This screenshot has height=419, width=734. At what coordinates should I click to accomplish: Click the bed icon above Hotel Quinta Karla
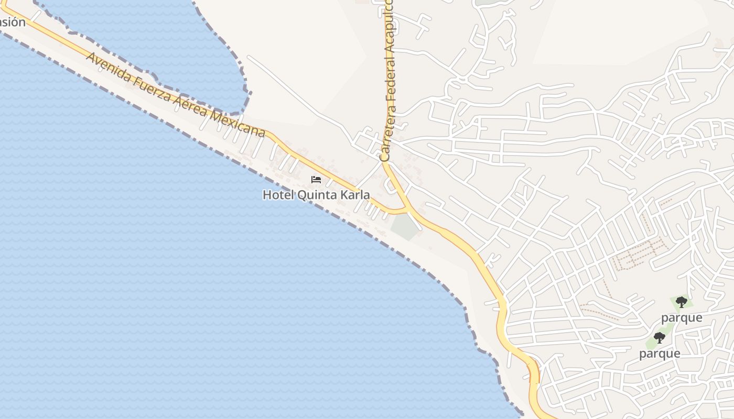click(316, 179)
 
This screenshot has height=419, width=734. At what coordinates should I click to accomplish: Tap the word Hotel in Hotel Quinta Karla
click(278, 195)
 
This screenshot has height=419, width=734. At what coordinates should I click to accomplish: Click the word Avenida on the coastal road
click(107, 68)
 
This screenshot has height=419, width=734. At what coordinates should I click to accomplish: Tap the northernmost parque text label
click(682, 317)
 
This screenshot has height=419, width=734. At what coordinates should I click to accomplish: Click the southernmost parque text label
click(660, 354)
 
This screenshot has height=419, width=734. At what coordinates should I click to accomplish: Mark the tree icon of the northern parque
click(682, 302)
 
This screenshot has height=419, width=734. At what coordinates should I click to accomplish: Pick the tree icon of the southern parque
click(660, 338)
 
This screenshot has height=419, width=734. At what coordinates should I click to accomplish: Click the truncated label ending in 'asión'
click(12, 22)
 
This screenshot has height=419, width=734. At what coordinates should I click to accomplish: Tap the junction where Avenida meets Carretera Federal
click(408, 210)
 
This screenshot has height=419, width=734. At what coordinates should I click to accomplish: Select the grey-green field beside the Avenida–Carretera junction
click(405, 227)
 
